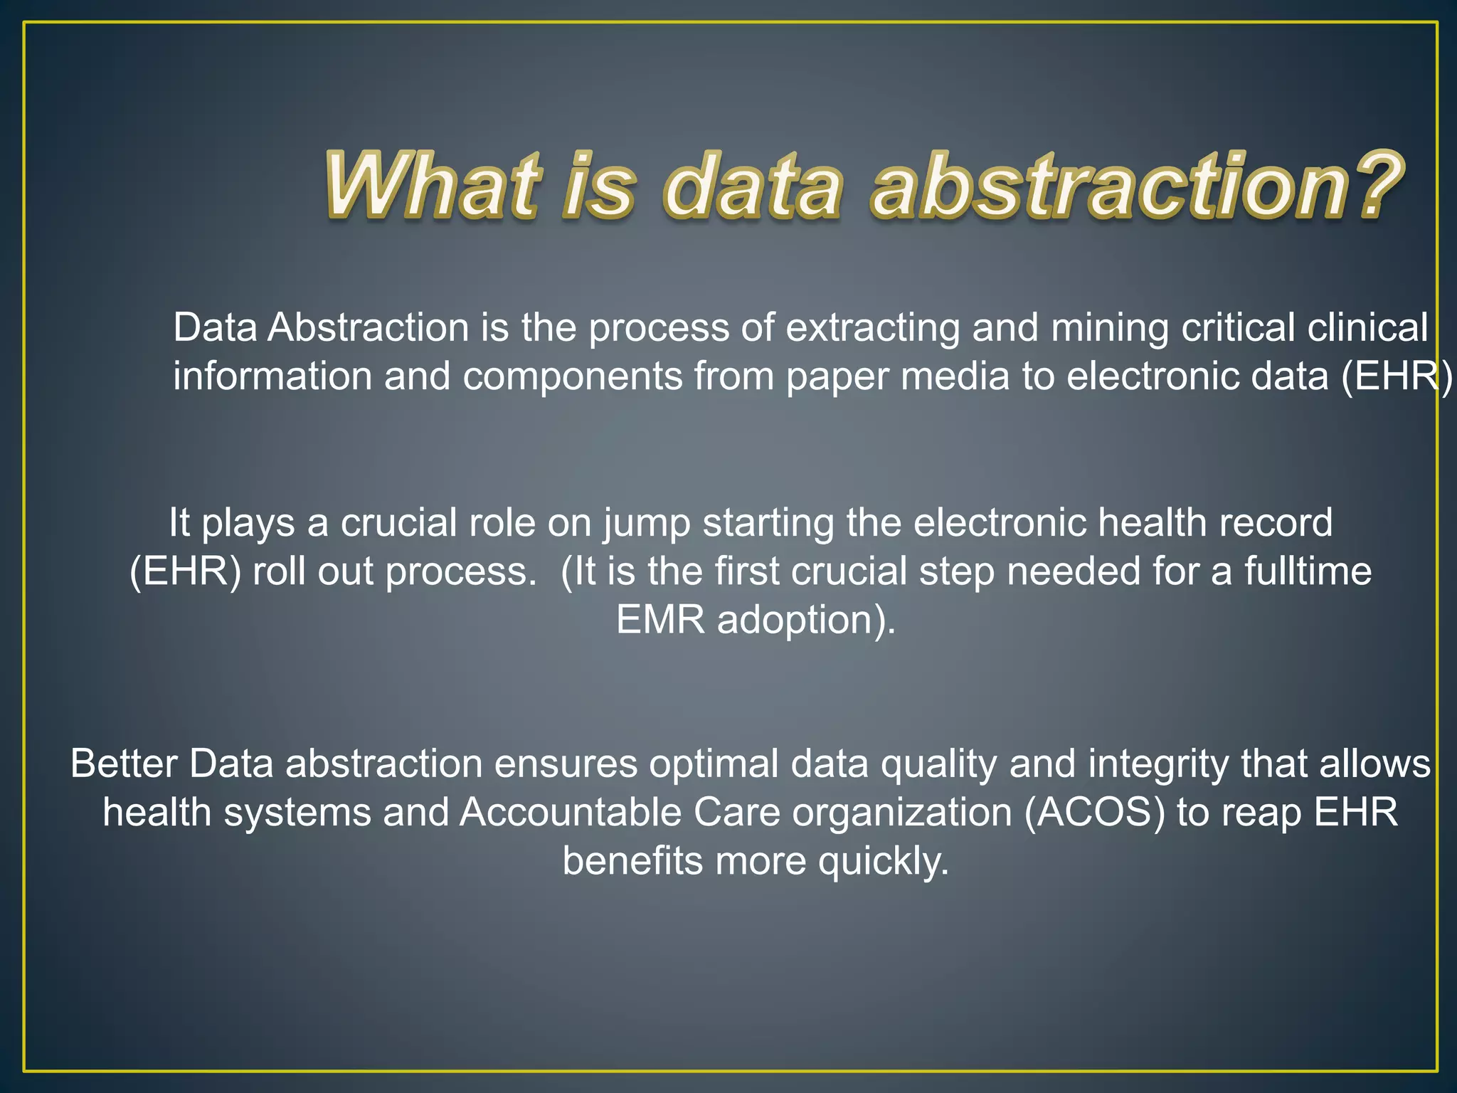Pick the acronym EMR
660,620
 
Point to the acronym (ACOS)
1095,812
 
